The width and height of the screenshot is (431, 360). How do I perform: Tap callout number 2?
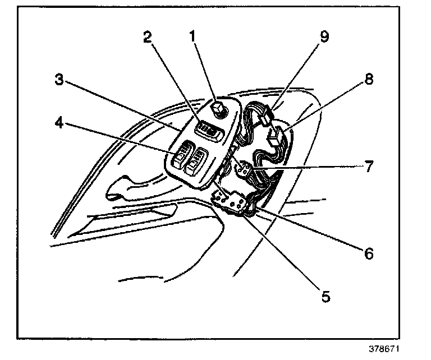147,38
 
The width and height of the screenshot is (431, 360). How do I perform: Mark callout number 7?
369,167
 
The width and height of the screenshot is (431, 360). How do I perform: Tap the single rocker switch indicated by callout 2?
209,131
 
